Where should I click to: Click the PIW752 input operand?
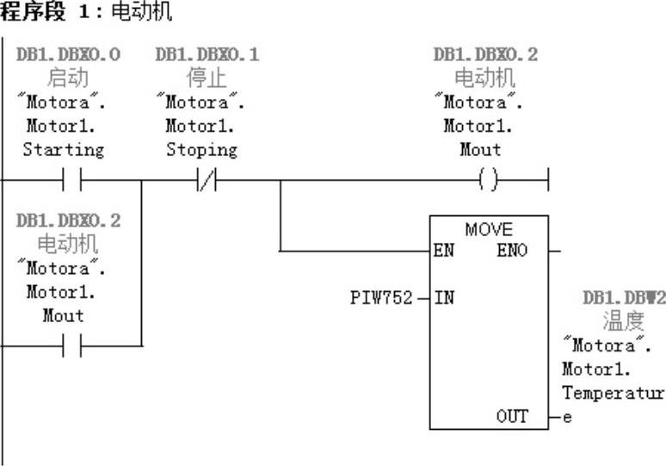[381, 299]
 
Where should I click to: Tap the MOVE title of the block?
[488, 230]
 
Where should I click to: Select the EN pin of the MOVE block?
[444, 252]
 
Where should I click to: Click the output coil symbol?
[487, 182]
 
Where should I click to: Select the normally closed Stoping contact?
[207, 182]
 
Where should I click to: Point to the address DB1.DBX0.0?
[68, 55]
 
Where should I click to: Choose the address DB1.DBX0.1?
[207, 55]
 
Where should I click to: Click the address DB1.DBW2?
[624, 298]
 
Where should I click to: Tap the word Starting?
[63, 150]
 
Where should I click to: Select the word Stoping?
[201, 150]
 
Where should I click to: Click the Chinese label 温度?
[623, 321]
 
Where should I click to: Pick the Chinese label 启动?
[68, 78]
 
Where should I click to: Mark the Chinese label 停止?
[207, 78]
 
